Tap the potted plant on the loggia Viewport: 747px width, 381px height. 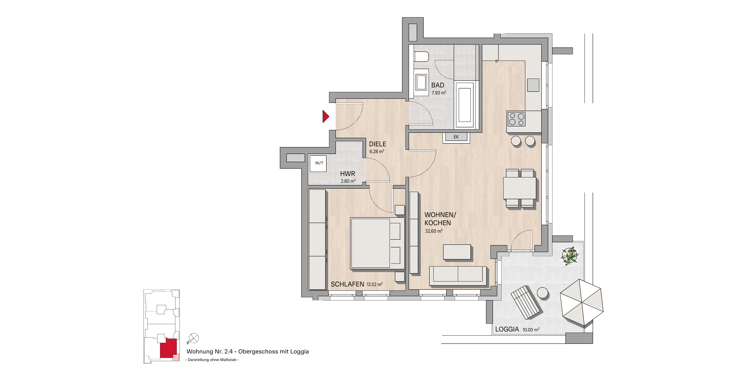tap(570, 256)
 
